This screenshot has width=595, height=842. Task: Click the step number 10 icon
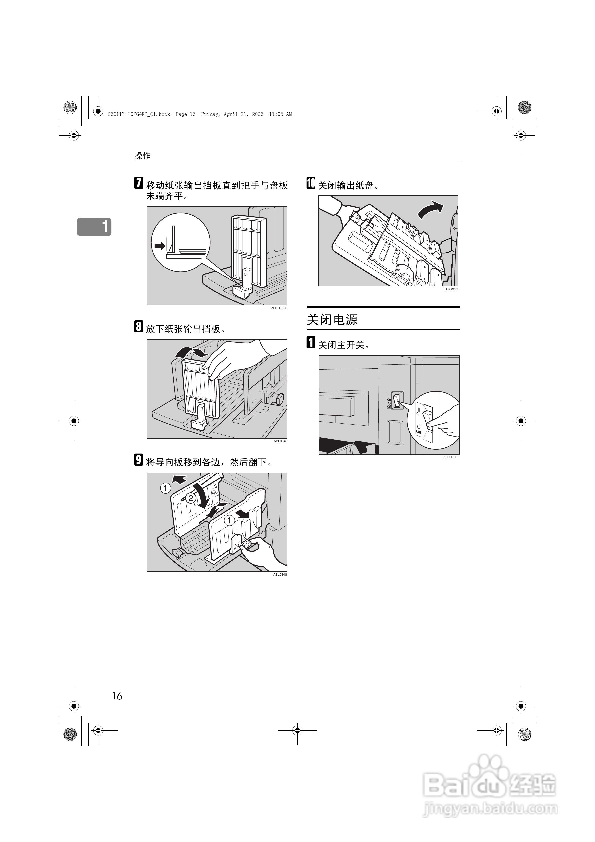point(311,183)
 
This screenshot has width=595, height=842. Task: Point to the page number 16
point(117,696)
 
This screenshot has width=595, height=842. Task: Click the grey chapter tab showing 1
point(94,227)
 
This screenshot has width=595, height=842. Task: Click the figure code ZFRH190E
point(279,308)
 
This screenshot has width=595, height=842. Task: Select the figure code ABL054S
point(281,441)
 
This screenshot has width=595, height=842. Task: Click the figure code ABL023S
point(452,290)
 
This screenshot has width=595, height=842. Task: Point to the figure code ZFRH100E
point(451,457)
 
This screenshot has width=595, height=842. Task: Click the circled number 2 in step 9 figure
point(191,498)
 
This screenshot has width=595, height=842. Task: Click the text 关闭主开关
point(341,345)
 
